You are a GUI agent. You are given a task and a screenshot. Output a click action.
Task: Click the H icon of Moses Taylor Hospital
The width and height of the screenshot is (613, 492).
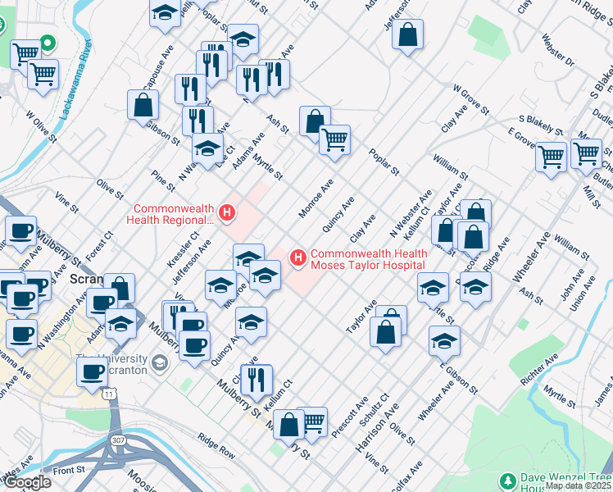click(x=298, y=258)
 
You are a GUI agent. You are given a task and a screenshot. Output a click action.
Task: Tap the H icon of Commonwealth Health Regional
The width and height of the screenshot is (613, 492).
click(x=228, y=214)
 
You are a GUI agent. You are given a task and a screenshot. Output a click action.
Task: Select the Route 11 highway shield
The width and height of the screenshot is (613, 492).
click(x=108, y=394)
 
